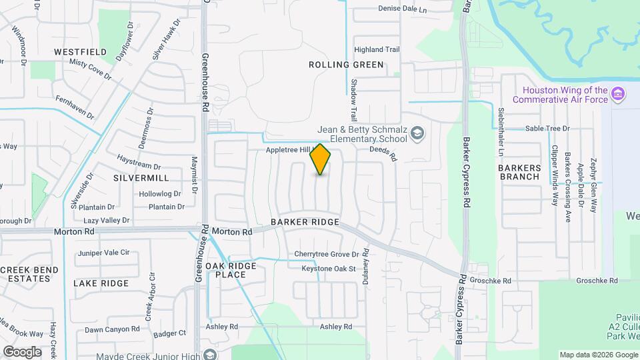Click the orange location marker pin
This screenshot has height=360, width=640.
(x=321, y=159)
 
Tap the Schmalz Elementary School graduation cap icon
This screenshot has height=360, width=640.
(x=417, y=134)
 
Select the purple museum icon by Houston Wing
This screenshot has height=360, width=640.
(x=618, y=94)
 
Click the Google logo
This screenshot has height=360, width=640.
(x=22, y=351)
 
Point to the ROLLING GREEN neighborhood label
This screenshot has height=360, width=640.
(x=346, y=65)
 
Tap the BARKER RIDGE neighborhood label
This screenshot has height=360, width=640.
(x=305, y=221)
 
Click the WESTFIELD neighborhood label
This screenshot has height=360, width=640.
(x=81, y=51)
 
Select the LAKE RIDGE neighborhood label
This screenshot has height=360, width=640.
(x=101, y=283)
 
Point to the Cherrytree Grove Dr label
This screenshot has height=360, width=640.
(x=327, y=255)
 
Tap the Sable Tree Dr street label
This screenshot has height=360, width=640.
(x=547, y=128)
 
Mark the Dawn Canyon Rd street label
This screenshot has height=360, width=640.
(x=112, y=329)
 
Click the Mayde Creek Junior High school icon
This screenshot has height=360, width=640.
(x=211, y=354)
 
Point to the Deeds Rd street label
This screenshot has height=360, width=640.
(x=383, y=154)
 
